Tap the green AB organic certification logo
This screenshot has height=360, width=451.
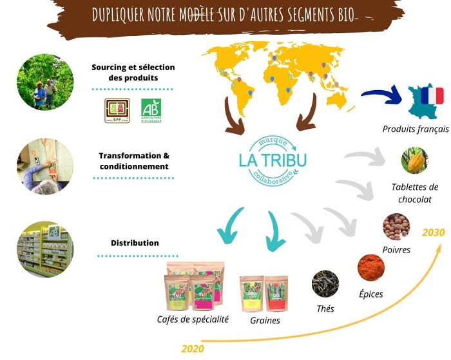pyautogui.click(x=151, y=109)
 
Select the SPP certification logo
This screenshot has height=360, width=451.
pyautogui.click(x=117, y=110)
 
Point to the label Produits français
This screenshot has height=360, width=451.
pyautogui.click(x=416, y=129)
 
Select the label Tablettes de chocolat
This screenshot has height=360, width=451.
pyautogui.click(x=415, y=193)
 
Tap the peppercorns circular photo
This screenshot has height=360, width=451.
pyautogui.click(x=396, y=227)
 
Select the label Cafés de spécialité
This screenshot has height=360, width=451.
pyautogui.click(x=193, y=319)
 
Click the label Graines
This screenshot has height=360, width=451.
pyautogui.click(x=265, y=320)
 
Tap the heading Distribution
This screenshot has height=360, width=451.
pyautogui.click(x=135, y=243)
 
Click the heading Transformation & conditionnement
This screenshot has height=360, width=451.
pyautogui.click(x=134, y=161)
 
